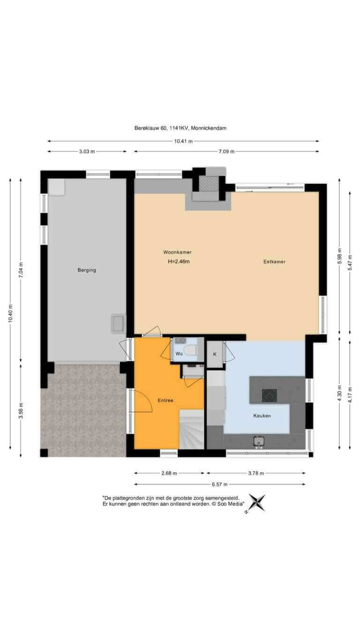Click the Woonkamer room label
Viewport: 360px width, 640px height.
pyautogui.click(x=178, y=252)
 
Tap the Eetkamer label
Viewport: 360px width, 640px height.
pyautogui.click(x=274, y=262)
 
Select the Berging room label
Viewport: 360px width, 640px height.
pyautogui.click(x=87, y=270)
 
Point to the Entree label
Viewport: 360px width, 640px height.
pyautogui.click(x=165, y=400)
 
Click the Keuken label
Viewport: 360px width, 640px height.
pyautogui.click(x=262, y=416)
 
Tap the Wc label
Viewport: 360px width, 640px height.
pyautogui.click(x=179, y=354)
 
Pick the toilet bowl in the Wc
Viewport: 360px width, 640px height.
pyautogui.click(x=191, y=351)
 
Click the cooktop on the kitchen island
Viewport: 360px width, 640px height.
pyautogui.click(x=269, y=395)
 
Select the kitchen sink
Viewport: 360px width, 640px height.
pyautogui.click(x=258, y=441)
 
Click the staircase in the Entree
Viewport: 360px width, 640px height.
pyautogui.click(x=191, y=429)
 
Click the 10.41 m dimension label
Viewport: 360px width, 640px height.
pyautogui.click(x=183, y=141)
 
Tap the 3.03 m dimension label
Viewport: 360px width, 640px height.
pyautogui.click(x=87, y=151)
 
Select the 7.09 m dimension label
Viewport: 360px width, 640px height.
pyautogui.click(x=226, y=151)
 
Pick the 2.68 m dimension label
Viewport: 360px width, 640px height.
pyautogui.click(x=169, y=473)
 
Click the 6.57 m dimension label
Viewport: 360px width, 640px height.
pyautogui.click(x=220, y=484)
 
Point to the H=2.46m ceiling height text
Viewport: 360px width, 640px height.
pyautogui.click(x=179, y=262)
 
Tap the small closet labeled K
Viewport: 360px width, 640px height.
pyautogui.click(x=215, y=354)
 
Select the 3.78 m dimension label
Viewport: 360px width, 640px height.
pyautogui.click(x=256, y=473)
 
